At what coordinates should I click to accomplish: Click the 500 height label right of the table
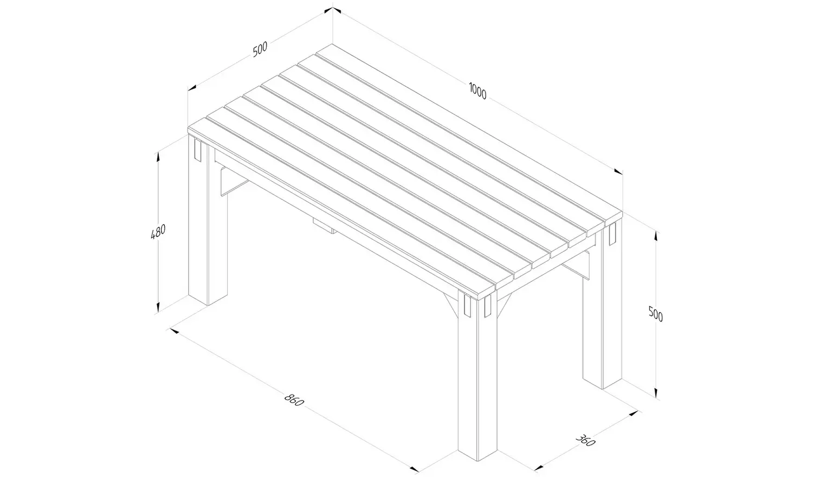tap(656, 314)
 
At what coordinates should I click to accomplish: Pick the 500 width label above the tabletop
tap(260, 49)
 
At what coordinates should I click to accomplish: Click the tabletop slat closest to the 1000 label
tap(466, 136)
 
